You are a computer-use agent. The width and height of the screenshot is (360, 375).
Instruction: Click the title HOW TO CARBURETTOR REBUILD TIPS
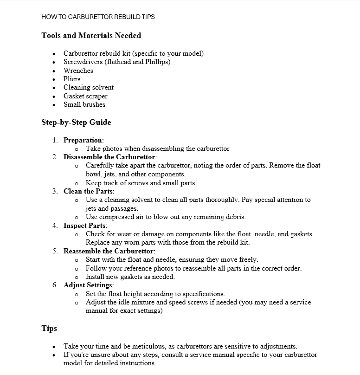coord(98,17)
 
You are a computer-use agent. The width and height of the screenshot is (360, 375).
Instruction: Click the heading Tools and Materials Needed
coord(91,35)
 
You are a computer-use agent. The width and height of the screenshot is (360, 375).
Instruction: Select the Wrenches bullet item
coord(78,71)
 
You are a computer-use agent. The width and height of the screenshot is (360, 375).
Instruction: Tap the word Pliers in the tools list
coord(72,79)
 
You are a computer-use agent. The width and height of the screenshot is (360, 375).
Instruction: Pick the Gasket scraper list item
coord(85,96)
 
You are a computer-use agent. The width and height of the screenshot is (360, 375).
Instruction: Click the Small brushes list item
coord(84,104)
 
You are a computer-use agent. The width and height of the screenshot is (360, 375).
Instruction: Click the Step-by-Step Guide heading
coord(76,123)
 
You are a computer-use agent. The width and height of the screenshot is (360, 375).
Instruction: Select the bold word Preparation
coord(83,140)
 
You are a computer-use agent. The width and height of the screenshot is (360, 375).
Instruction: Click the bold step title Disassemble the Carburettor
coord(109,157)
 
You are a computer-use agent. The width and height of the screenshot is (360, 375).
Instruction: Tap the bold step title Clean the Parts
coord(88,191)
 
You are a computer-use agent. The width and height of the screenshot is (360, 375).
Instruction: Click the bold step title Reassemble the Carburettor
coord(109,251)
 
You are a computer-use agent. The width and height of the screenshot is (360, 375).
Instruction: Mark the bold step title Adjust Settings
coord(88,285)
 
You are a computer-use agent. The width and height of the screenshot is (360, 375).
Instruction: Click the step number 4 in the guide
coord(55,226)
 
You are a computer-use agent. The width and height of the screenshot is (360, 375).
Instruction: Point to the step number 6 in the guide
coord(55,285)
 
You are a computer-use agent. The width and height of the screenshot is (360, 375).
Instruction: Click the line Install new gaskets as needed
coord(130,277)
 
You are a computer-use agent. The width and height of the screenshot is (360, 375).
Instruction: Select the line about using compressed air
coord(166,217)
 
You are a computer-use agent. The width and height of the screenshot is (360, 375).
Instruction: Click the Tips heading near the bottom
coord(49,328)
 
